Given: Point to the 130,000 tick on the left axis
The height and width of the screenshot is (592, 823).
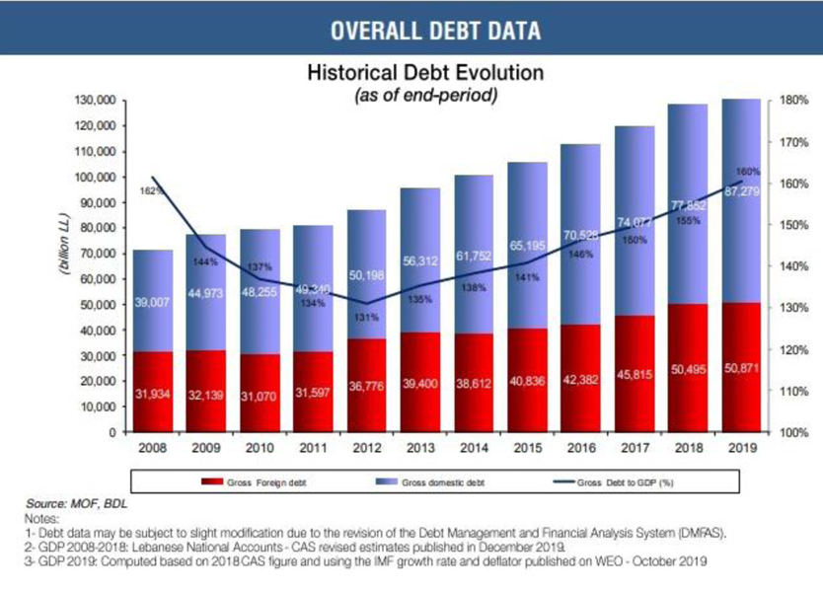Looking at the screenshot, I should click(96, 101).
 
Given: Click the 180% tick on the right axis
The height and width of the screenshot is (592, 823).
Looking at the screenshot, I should click(794, 101).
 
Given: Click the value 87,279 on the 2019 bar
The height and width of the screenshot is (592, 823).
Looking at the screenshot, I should click(742, 191).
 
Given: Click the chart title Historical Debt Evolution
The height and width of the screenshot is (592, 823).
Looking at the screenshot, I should click(424, 74).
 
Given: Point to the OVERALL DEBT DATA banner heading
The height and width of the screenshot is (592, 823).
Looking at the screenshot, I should click(435, 31).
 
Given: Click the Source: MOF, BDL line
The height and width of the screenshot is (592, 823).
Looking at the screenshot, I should click(77, 502).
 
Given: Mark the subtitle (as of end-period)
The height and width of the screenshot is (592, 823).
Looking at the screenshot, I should click(424, 96).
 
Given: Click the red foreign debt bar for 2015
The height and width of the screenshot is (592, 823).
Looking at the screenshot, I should click(529, 405).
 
